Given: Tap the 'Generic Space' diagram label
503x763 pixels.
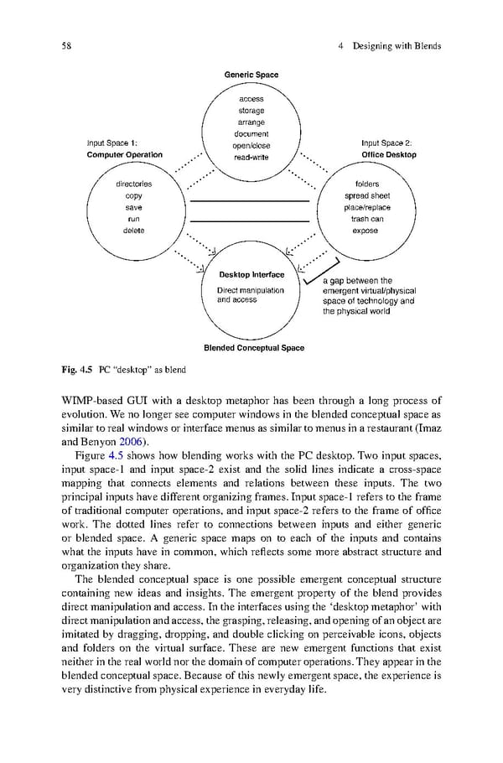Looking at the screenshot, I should click(x=251, y=75).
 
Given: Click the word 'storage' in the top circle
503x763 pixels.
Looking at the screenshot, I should click(x=251, y=111).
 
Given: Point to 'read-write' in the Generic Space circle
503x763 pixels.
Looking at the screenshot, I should click(x=251, y=157).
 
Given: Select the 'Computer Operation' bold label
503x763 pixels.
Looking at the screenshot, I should click(x=125, y=155).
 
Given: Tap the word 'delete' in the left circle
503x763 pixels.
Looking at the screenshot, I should click(x=133, y=231).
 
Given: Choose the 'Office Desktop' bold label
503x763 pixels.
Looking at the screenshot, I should click(x=389, y=155).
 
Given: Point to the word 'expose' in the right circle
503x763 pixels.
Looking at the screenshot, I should click(x=366, y=231).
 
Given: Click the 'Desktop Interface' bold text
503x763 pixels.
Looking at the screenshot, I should click(x=251, y=275).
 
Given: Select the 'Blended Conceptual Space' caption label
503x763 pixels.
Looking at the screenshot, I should click(x=254, y=347).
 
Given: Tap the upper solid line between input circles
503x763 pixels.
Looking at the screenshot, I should click(x=250, y=202).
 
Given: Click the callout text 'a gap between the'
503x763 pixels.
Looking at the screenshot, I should click(x=357, y=281).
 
